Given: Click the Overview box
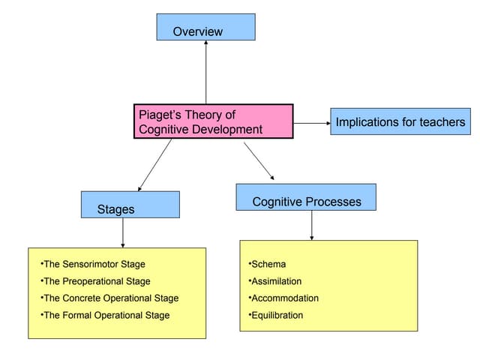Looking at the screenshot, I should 205,27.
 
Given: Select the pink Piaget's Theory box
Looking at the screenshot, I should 213,121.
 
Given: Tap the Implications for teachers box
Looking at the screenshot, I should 400,121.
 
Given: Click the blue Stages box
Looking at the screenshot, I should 130,205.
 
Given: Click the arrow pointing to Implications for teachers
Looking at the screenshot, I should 311,122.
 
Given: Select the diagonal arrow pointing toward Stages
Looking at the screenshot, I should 154,165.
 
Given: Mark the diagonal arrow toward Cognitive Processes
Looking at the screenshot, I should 259,160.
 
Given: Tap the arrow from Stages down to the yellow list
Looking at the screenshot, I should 122,232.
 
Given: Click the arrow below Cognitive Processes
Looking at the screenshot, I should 312,225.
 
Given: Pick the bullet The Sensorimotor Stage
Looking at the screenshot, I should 93,264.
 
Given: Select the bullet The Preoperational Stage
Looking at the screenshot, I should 95,281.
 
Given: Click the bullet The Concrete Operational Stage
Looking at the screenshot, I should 109,298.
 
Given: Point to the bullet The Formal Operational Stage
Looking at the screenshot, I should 105,316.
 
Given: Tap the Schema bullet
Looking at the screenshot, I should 268,264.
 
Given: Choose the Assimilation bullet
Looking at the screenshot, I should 275,281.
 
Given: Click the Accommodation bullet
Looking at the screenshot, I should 283,298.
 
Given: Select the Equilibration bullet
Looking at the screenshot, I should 276,316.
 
